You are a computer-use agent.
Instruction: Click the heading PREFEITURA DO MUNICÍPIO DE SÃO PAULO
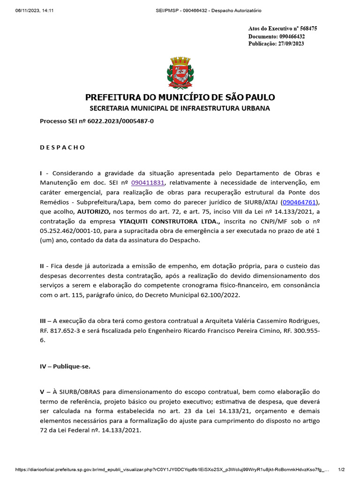180,97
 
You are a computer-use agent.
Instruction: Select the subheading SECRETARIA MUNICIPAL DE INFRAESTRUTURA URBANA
180,108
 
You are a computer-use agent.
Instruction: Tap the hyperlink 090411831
148,183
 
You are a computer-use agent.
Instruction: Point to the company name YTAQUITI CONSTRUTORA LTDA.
170,221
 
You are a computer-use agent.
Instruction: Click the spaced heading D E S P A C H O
62,148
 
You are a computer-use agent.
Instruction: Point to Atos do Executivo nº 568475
283,29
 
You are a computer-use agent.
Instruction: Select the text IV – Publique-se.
65,367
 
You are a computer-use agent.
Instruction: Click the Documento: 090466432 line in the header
277,36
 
